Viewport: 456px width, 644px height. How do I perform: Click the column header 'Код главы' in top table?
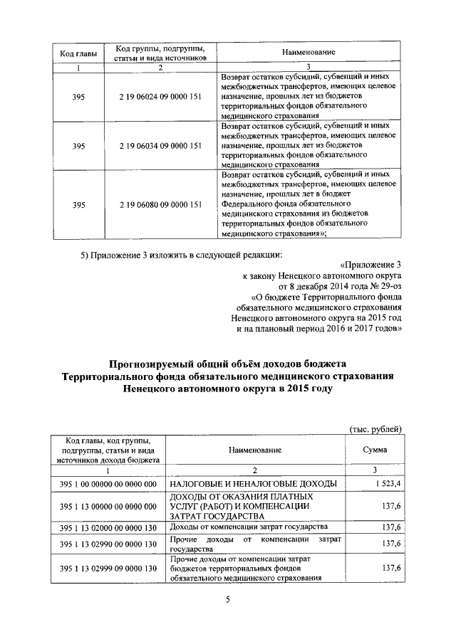point(74,53)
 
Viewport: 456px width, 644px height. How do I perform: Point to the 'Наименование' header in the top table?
point(309,53)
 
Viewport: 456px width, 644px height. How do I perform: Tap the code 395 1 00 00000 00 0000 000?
point(108,484)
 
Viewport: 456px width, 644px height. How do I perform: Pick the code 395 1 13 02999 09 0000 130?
point(108,569)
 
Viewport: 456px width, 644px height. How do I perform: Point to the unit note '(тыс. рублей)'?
point(376,428)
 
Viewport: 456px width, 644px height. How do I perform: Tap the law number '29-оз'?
point(390,285)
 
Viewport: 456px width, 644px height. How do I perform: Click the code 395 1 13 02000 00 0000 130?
point(108,527)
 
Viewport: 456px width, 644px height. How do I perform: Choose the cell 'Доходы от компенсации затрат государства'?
point(249,527)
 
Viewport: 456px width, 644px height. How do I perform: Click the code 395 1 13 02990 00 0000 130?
point(108,544)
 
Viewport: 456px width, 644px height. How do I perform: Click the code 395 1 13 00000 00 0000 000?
point(108,506)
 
